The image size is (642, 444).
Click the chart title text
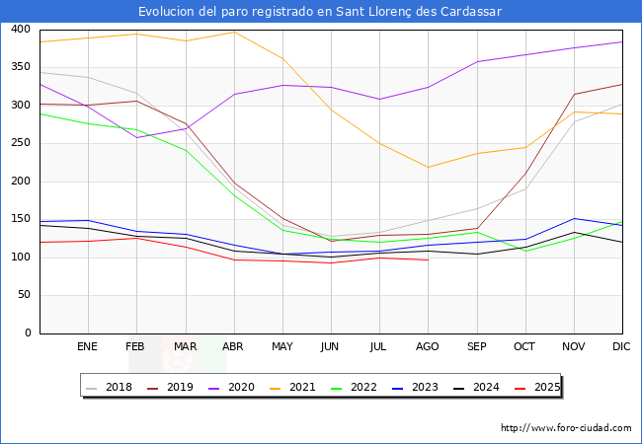point(320,12)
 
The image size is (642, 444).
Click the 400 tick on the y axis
point(20,30)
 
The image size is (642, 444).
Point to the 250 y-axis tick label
point(20,143)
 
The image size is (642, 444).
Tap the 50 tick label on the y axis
point(23,295)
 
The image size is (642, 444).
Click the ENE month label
point(88,346)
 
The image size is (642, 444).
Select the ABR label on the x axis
point(234,346)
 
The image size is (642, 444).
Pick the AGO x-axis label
point(428,346)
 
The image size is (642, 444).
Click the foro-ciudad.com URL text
point(566,428)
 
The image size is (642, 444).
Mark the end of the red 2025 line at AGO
point(428,259)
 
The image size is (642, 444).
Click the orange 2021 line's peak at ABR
point(234,32)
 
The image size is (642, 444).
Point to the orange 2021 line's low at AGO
point(428,167)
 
